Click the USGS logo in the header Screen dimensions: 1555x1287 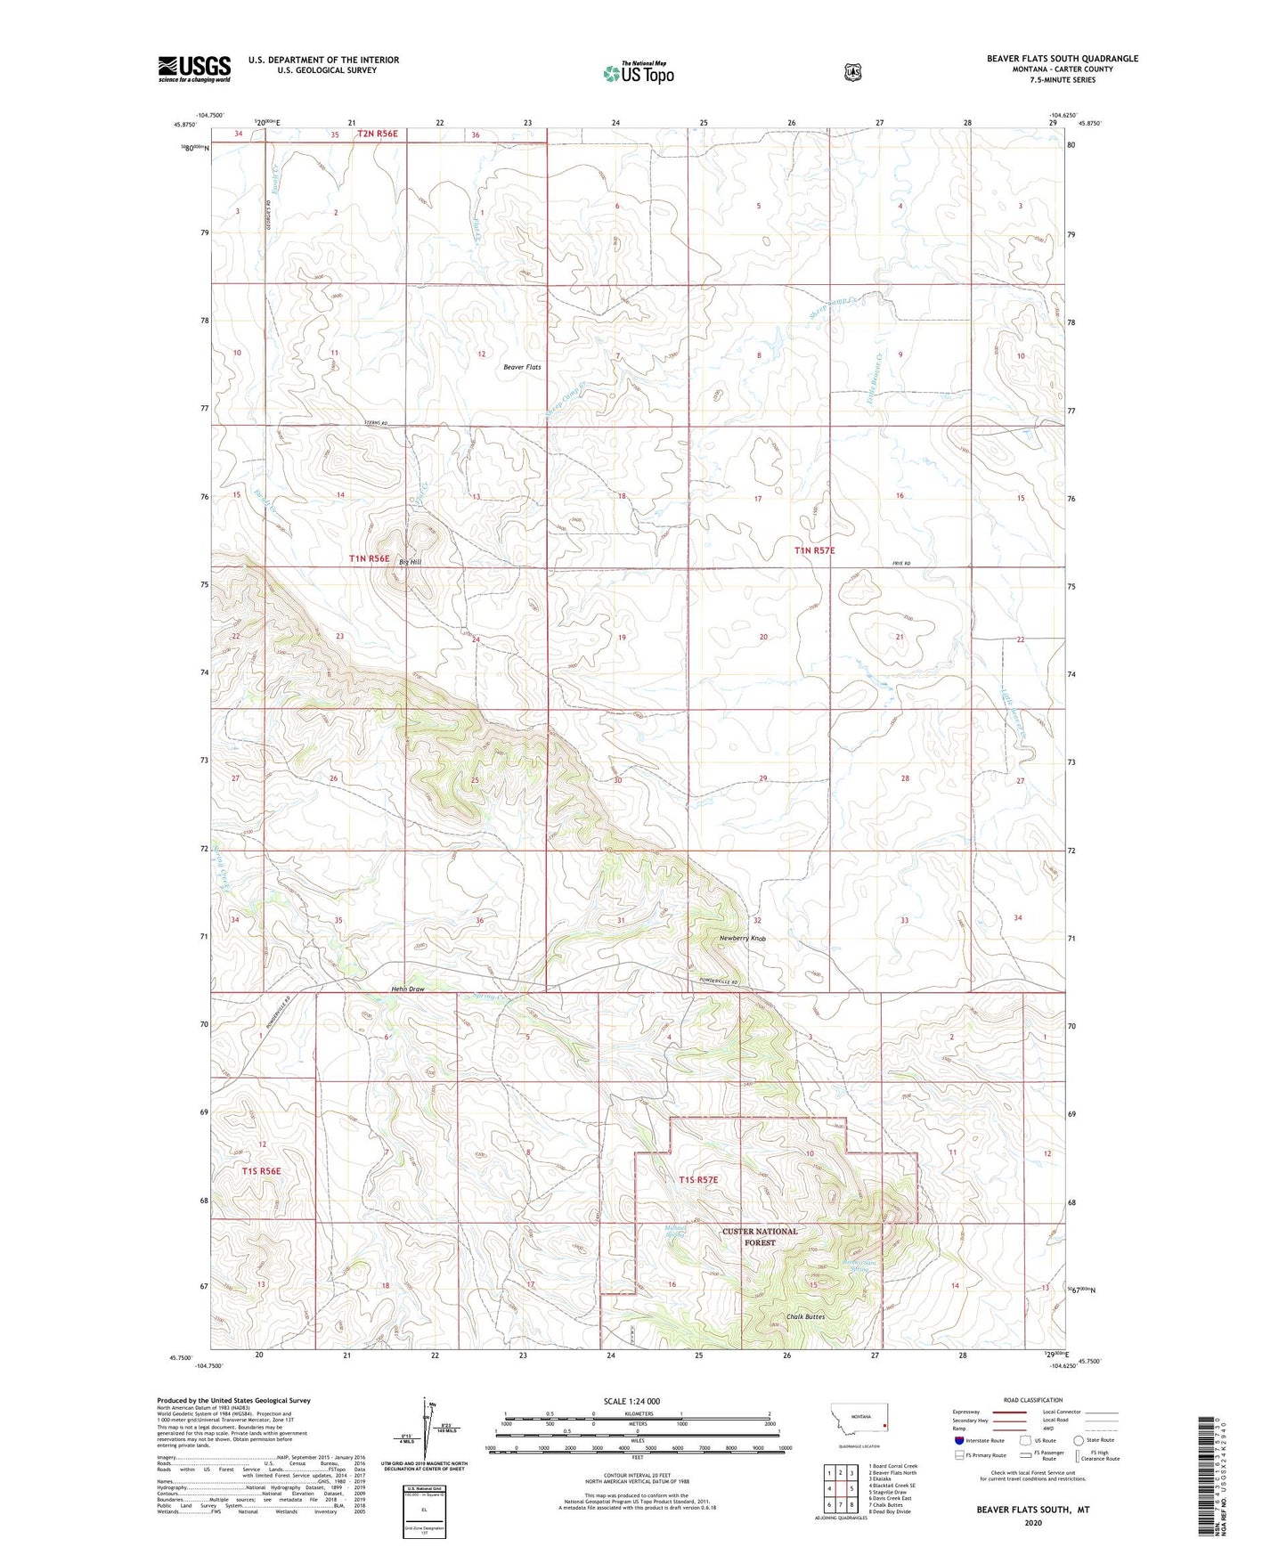pos(194,69)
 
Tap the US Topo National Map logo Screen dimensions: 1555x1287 pos(638,72)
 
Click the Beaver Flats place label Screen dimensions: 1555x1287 pos(522,367)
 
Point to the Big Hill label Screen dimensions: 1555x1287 pos(410,562)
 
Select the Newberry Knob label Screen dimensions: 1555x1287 pos(742,939)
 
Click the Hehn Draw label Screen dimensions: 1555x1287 pos(407,989)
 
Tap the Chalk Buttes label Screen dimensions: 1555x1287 pos(805,1316)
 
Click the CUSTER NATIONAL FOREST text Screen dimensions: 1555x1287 pos(760,1237)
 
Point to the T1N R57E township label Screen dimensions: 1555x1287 pos(814,550)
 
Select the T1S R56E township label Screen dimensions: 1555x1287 pos(259,1171)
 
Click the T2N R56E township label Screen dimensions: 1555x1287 pos(377,134)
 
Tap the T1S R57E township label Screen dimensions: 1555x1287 pos(697,1180)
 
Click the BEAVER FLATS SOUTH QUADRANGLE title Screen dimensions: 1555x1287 pos(1062,59)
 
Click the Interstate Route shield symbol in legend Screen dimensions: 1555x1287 pos(958,1440)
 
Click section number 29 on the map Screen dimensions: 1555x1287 pos(762,778)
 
